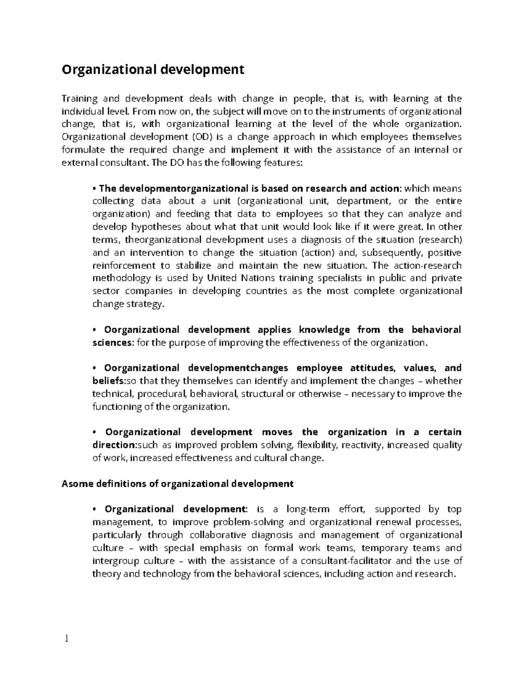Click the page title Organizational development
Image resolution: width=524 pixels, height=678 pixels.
click(153, 70)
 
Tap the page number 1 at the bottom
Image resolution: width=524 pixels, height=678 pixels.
click(66, 639)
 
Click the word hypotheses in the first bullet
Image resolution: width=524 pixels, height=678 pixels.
click(156, 227)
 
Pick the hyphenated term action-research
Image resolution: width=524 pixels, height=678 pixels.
click(427, 265)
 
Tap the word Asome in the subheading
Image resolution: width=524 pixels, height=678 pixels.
click(76, 484)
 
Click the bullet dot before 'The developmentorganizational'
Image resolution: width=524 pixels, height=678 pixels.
click(94, 189)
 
